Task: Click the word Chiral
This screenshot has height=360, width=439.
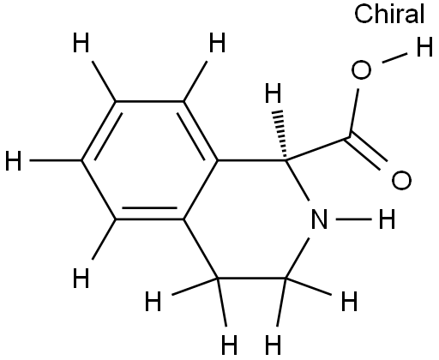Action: pyautogui.click(x=389, y=14)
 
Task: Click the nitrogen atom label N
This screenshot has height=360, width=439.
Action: pyautogui.click(x=319, y=219)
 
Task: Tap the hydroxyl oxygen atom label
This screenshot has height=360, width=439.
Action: pyautogui.click(x=361, y=69)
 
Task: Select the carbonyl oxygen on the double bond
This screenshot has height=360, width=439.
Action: pyautogui.click(x=401, y=181)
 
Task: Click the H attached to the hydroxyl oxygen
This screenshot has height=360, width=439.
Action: pyautogui.click(x=424, y=47)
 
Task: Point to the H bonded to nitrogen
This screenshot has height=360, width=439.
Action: pyautogui.click(x=387, y=219)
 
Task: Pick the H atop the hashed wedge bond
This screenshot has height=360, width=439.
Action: pyautogui.click(x=274, y=93)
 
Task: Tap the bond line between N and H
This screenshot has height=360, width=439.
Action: pyautogui.click(x=353, y=219)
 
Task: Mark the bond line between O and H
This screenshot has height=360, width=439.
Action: pyautogui.click(x=394, y=57)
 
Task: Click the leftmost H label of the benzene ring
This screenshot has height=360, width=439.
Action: pyautogui.click(x=13, y=161)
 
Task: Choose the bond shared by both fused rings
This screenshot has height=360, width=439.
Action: pyautogui.click(x=201, y=190)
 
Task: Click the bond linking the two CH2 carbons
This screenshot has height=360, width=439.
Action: pyautogui.click(x=252, y=278)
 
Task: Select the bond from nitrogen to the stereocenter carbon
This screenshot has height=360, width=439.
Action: pyautogui.click(x=298, y=180)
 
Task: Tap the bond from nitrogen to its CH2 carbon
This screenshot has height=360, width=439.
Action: pyautogui.click(x=298, y=258)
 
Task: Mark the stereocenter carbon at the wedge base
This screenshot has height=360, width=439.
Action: pyautogui.click(x=286, y=160)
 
